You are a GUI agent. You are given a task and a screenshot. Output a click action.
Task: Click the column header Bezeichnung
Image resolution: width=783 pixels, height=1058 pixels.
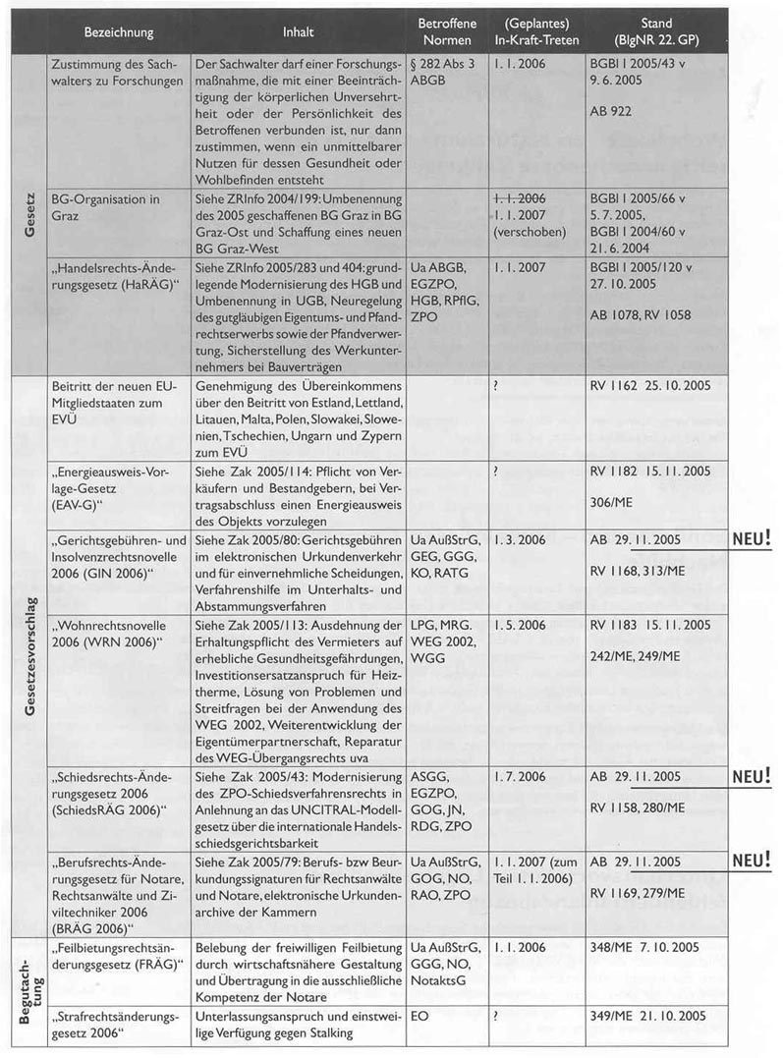[119, 32]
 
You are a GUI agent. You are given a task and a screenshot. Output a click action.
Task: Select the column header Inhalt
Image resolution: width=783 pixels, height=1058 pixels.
[298, 32]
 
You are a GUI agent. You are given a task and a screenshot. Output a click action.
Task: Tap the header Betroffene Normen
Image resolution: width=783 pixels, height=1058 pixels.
[445, 31]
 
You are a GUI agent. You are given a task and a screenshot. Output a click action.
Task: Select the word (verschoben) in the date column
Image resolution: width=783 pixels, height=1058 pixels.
[531, 234]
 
